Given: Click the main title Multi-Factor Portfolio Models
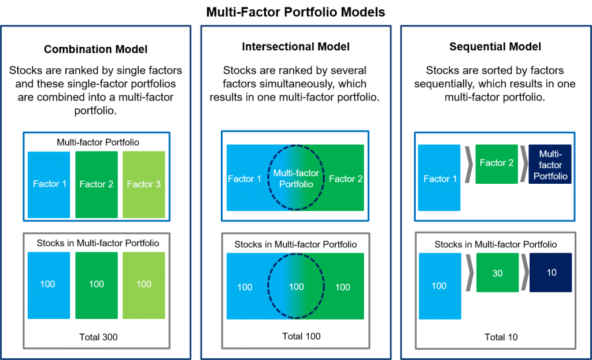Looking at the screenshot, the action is click(x=295, y=12).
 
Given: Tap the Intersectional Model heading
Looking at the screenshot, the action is click(x=295, y=47).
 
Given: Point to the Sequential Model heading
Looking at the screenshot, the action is click(x=495, y=47).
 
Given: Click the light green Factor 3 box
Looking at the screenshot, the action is click(x=144, y=184).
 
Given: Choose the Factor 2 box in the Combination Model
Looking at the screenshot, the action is click(x=97, y=184).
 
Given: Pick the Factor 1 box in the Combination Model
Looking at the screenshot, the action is click(x=49, y=184).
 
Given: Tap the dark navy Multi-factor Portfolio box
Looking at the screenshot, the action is click(x=550, y=164).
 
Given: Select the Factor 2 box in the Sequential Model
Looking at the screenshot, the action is click(x=497, y=164).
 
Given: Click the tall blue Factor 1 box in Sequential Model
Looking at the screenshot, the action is click(x=439, y=178).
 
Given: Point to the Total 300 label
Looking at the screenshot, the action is click(x=97, y=337).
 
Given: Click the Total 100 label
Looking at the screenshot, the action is click(x=301, y=336).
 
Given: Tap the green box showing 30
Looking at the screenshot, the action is click(x=497, y=273).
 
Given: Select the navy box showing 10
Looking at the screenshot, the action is click(x=550, y=272).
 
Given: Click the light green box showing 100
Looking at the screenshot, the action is click(x=144, y=284).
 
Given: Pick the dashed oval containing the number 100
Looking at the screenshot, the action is click(x=296, y=287).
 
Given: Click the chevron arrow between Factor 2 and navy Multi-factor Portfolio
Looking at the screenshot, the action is click(x=523, y=164).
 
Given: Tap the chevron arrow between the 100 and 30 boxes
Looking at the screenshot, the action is click(x=469, y=273).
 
